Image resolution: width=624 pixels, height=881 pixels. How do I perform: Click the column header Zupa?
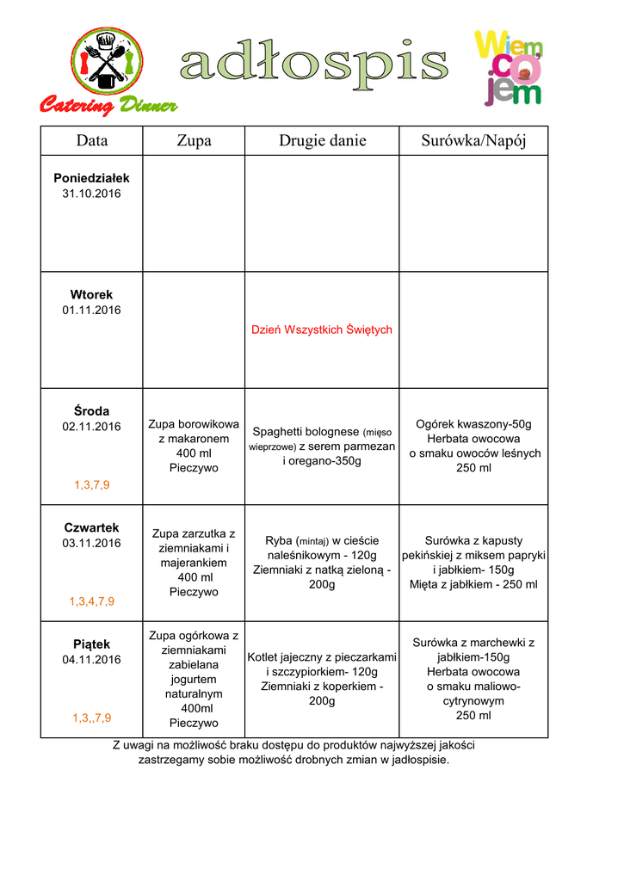194,140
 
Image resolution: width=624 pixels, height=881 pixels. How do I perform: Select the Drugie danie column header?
322,140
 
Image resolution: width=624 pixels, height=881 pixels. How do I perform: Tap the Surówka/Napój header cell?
473,140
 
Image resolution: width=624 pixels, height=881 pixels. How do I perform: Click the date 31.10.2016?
91,194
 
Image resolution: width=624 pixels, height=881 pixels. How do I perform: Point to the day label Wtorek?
91,294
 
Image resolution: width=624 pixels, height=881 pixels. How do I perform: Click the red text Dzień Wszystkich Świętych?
322,330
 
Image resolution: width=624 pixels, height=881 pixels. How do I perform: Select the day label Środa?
91,411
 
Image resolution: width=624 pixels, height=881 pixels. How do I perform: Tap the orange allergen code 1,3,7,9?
91,485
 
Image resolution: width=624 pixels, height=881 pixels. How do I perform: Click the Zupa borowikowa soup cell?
194,446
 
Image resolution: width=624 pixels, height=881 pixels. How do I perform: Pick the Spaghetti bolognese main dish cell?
322,446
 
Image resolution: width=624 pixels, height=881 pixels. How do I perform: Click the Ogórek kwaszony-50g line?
473,424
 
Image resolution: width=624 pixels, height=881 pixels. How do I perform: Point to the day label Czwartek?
91,527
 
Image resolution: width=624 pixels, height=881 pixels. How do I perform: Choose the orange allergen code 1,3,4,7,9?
91,601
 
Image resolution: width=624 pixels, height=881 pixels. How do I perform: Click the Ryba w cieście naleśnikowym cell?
322,563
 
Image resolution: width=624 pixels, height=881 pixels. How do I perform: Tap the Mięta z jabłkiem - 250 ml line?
473,584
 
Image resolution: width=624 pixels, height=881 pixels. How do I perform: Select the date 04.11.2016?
91,660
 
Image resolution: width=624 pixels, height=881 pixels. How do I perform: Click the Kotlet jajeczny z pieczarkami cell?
322,679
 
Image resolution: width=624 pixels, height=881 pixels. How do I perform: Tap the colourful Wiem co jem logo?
508,67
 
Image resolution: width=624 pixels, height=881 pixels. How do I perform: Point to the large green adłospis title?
313,65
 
